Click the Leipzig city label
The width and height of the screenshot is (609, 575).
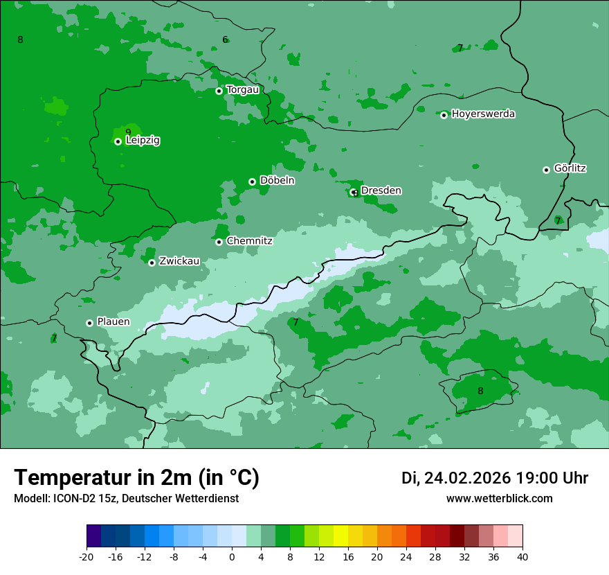tap(143, 141)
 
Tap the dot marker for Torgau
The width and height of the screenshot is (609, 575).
tap(219, 91)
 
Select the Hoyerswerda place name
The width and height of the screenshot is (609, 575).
tap(483, 114)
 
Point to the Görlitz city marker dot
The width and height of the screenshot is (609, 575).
tap(546, 170)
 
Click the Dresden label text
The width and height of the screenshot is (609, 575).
tap(381, 191)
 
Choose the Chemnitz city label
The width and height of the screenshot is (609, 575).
tap(249, 241)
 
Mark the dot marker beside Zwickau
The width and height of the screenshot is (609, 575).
tap(152, 263)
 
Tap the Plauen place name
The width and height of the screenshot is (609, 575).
tap(113, 322)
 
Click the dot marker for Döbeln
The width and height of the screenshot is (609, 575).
tap(252, 182)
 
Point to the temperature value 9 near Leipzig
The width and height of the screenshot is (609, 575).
tap(128, 132)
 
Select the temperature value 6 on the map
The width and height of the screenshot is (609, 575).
tap(225, 39)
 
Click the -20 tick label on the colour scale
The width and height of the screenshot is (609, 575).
tap(87, 557)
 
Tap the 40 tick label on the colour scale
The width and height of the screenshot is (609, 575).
tap(522, 557)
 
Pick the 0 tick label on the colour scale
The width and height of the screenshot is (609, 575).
tap(232, 557)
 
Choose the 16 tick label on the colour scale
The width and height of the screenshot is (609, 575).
tap(348, 557)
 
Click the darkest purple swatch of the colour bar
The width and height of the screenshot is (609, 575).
tap(93, 536)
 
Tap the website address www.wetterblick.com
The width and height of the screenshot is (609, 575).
tap(499, 499)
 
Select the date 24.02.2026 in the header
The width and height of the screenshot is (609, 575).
tap(467, 478)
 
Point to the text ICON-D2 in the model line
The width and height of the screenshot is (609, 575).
tap(71, 499)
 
